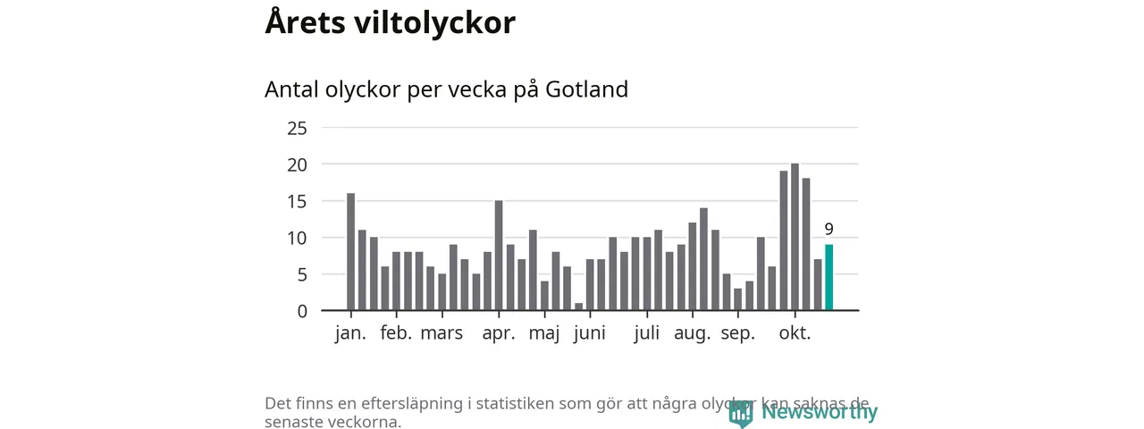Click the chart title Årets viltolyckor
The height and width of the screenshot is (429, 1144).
point(390,23)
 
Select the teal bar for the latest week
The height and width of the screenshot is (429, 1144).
point(829,277)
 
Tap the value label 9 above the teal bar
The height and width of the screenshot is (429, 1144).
point(829,229)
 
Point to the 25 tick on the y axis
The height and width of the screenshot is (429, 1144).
point(297,128)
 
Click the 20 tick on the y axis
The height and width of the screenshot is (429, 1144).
point(297,164)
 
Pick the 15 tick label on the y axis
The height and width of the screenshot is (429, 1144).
point(297,201)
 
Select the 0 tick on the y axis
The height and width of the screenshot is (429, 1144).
point(302,311)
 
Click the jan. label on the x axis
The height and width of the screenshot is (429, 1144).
point(351,334)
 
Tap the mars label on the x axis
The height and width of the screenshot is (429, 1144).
point(442,334)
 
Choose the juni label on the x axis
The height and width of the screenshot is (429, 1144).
point(590,334)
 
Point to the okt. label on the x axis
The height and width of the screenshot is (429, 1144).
point(795,334)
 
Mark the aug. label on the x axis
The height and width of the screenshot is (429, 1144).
point(693,334)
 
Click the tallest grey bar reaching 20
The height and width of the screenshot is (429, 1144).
point(795,237)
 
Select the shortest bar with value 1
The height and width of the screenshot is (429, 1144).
point(578,307)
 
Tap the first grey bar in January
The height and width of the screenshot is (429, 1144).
point(351,252)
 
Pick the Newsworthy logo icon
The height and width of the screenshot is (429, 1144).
point(741,413)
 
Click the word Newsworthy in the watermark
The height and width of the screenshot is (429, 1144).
point(819,412)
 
